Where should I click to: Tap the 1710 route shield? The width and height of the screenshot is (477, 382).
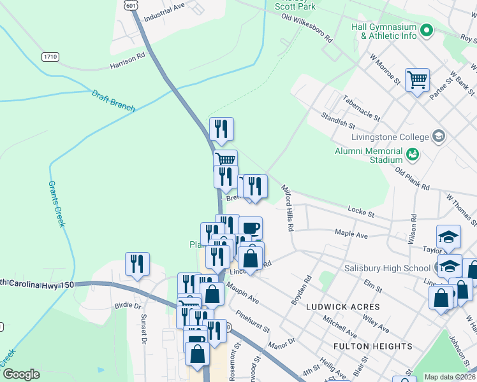50,57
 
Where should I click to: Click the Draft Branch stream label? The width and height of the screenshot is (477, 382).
113,100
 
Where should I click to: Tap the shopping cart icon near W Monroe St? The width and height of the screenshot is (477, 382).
417,80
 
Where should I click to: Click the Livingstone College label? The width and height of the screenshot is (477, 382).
390,137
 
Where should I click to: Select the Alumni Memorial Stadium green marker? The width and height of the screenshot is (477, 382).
412,153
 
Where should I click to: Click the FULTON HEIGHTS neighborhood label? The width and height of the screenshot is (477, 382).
373,346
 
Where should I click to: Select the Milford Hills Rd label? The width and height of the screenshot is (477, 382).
288,208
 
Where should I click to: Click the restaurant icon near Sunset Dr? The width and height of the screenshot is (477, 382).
137,262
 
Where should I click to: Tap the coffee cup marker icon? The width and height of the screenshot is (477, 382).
250,227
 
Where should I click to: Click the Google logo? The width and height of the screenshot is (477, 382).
21,374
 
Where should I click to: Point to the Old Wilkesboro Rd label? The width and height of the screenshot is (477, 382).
307,29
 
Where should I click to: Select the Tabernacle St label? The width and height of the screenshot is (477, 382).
361,108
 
